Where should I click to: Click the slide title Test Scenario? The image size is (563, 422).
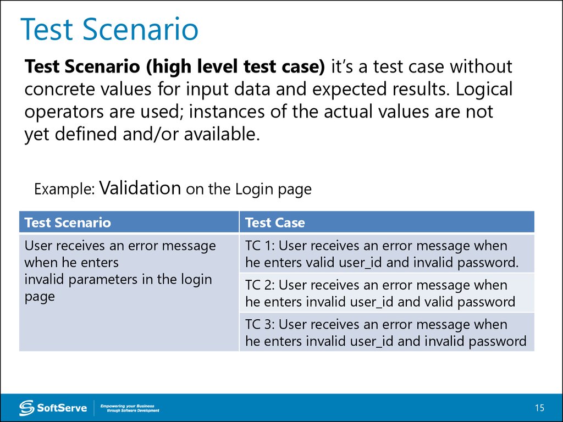pos(109,30)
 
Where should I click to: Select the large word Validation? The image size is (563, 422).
pos(141,188)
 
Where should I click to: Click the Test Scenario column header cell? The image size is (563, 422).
pos(68,223)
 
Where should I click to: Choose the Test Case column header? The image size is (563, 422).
pos(275,223)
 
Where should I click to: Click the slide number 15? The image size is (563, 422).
pos(539,408)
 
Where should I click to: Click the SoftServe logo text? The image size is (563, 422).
pos(62,408)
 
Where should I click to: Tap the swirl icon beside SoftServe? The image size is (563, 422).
pos(26,408)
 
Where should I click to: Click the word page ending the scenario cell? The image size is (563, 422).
pos(40,297)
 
